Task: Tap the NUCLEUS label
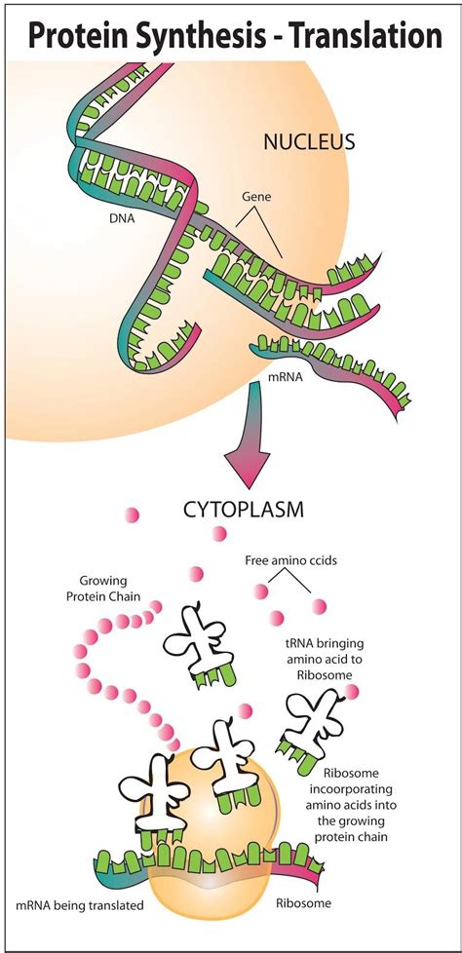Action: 309,142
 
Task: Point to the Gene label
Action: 256,196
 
